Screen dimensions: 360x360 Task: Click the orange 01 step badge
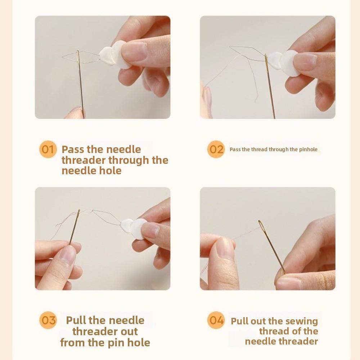48,149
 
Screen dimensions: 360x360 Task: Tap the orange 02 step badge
216,149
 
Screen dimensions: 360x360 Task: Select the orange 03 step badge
48,320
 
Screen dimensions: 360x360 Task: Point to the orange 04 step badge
216,320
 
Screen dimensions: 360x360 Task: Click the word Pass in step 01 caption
73,149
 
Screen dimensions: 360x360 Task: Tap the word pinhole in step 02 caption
308,149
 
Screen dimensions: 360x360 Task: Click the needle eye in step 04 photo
261,225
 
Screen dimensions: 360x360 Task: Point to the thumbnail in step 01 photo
135,51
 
